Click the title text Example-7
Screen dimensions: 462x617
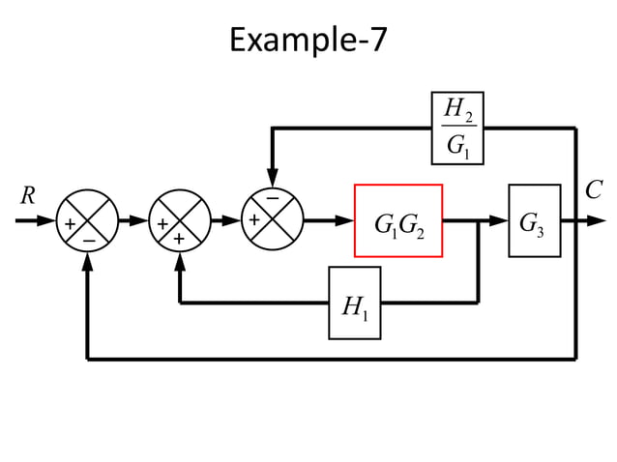308,40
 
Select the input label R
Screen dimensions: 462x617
28,195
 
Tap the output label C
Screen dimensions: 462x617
594,190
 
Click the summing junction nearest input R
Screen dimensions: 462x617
87,221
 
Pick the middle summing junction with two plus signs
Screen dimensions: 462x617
180,221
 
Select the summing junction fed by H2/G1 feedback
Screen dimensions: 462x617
273,221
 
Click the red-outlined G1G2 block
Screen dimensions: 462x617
398,221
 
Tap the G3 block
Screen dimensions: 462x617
534,221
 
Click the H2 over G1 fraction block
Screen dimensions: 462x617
455,128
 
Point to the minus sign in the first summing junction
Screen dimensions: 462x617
88,239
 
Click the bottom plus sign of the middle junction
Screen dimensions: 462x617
180,239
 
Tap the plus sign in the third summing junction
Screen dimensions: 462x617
254,221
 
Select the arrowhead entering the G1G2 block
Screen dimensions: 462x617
345,221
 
